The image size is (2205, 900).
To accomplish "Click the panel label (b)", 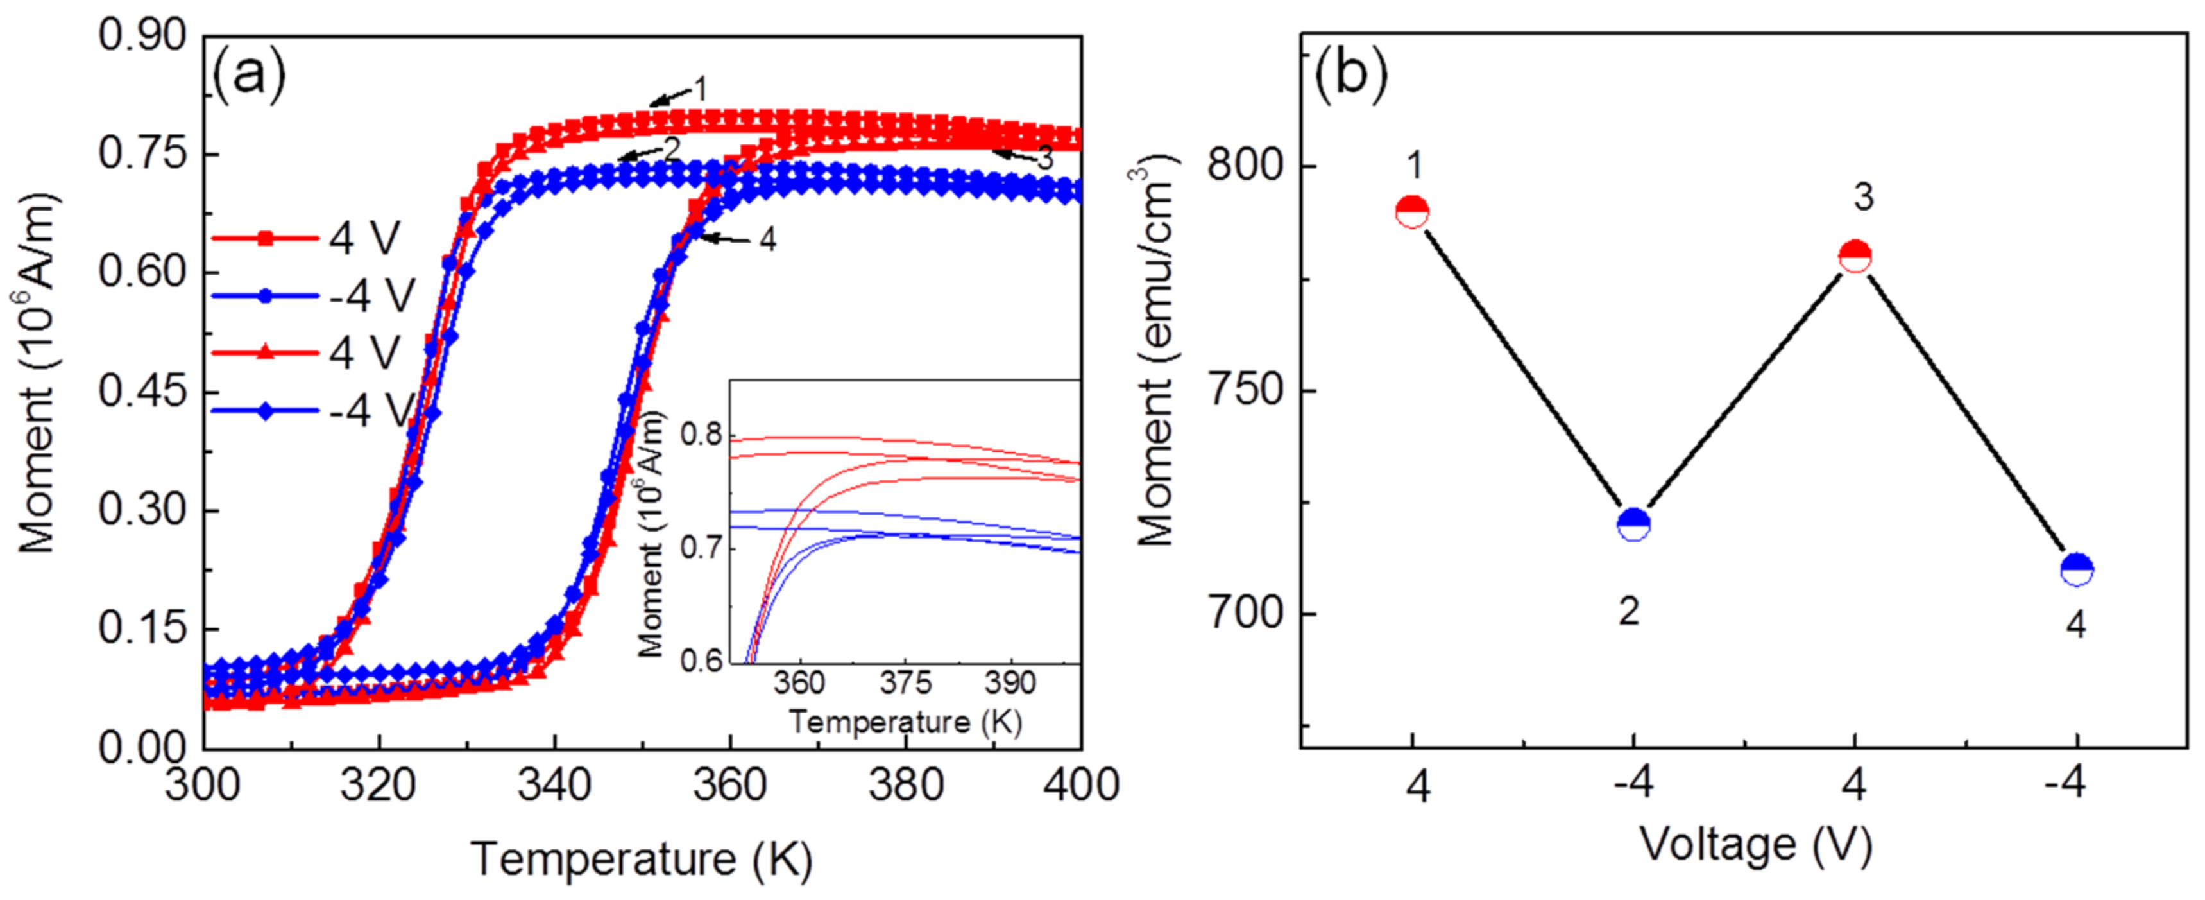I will (1350, 74).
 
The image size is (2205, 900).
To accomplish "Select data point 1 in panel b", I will (1412, 211).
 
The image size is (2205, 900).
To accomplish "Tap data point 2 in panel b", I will (1634, 524).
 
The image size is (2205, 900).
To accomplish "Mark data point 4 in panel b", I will (2077, 569).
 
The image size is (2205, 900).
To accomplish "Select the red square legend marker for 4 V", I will (266, 239).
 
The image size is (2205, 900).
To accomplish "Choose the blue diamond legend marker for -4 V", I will (266, 411).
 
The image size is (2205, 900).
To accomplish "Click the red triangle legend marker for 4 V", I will (266, 352).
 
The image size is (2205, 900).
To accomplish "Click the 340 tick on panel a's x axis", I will (555, 785).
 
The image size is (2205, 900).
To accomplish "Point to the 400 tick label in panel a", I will (1081, 785).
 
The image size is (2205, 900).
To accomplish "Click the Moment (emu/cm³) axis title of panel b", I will (1155, 351).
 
